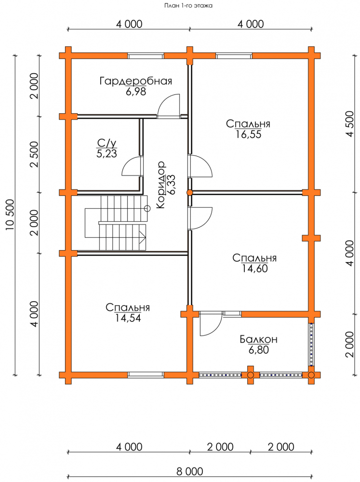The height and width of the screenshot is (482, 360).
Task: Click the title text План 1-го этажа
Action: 188,5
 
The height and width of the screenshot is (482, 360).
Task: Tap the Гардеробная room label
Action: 135,81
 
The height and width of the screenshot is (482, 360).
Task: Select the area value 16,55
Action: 248,134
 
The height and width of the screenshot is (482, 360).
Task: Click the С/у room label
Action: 107,143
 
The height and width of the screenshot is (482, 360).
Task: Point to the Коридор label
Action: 160,185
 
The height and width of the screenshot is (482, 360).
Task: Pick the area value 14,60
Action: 254,268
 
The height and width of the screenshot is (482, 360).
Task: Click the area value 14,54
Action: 128,318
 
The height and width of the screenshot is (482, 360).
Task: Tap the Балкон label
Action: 258,339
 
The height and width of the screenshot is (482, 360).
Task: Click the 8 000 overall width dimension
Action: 190,471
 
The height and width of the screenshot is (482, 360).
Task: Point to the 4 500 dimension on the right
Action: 350,124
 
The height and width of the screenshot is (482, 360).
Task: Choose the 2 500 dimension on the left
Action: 34,154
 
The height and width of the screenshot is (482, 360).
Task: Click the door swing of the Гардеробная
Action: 169,106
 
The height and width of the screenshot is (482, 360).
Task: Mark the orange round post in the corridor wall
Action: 190,192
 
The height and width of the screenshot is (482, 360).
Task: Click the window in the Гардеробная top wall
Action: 146,55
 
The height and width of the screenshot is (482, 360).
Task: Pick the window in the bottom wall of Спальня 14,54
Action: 146,374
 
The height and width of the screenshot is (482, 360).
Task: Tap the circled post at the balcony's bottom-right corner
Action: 311,375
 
